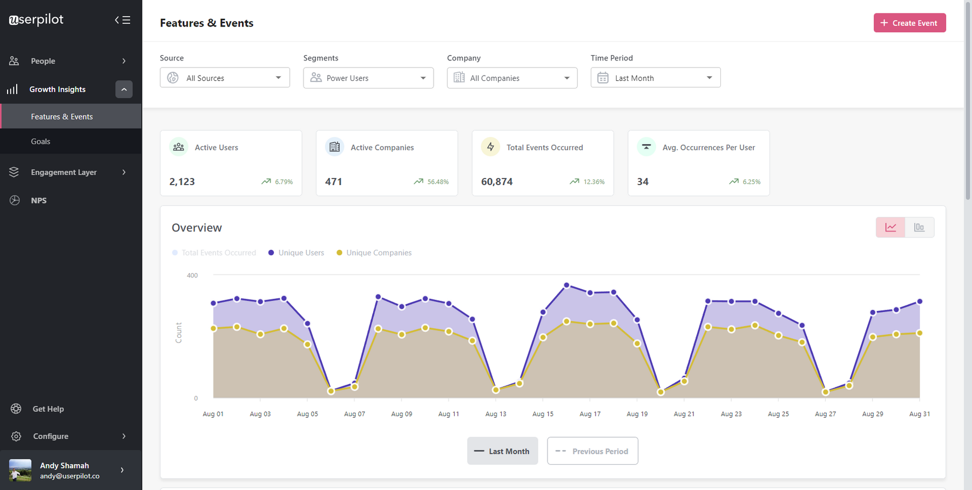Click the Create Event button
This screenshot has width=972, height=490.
click(909, 23)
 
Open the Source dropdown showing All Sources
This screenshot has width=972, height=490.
click(225, 78)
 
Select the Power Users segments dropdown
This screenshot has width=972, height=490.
click(368, 78)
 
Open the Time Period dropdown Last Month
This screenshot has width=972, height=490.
click(655, 78)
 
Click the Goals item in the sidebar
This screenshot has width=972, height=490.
click(40, 141)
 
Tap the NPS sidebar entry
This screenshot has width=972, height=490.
click(38, 200)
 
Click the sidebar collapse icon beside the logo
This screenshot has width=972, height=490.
click(123, 20)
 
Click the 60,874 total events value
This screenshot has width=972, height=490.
click(497, 182)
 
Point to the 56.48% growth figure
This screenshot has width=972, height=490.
click(437, 182)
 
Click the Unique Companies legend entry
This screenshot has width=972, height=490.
click(378, 253)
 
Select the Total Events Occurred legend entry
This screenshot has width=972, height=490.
click(218, 253)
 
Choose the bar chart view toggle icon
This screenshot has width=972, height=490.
click(919, 227)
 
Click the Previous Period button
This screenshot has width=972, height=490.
click(592, 451)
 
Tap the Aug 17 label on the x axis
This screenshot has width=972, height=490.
click(590, 414)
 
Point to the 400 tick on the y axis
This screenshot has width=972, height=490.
click(192, 275)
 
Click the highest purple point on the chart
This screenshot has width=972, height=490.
click(566, 285)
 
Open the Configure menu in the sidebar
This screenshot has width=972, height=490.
click(51, 436)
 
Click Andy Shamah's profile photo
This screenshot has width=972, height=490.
click(21, 470)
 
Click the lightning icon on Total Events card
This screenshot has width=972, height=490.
click(490, 147)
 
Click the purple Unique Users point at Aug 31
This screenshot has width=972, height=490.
click(920, 302)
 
